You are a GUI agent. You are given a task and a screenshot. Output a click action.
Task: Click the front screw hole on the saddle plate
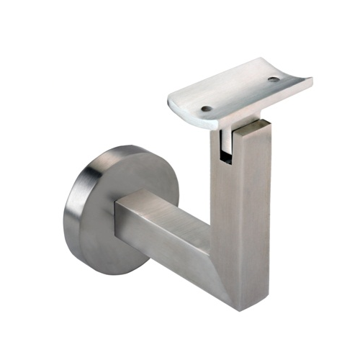tap(207, 109)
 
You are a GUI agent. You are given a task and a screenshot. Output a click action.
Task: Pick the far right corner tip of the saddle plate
tap(311, 78)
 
